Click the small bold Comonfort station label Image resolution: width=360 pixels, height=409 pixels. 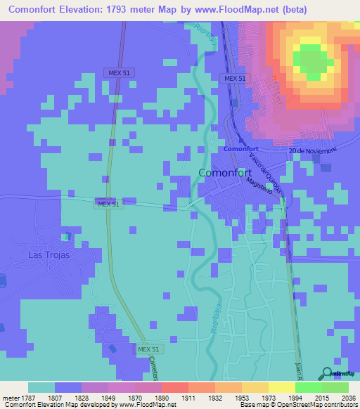coord(241,149)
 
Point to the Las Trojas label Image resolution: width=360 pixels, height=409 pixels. coord(49,255)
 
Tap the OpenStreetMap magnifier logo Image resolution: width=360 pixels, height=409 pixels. coord(327,374)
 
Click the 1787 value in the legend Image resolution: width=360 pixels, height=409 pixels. coord(27,398)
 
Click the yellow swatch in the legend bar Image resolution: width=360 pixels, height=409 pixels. coord(281,387)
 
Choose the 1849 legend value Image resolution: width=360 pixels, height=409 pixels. coord(108,398)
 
